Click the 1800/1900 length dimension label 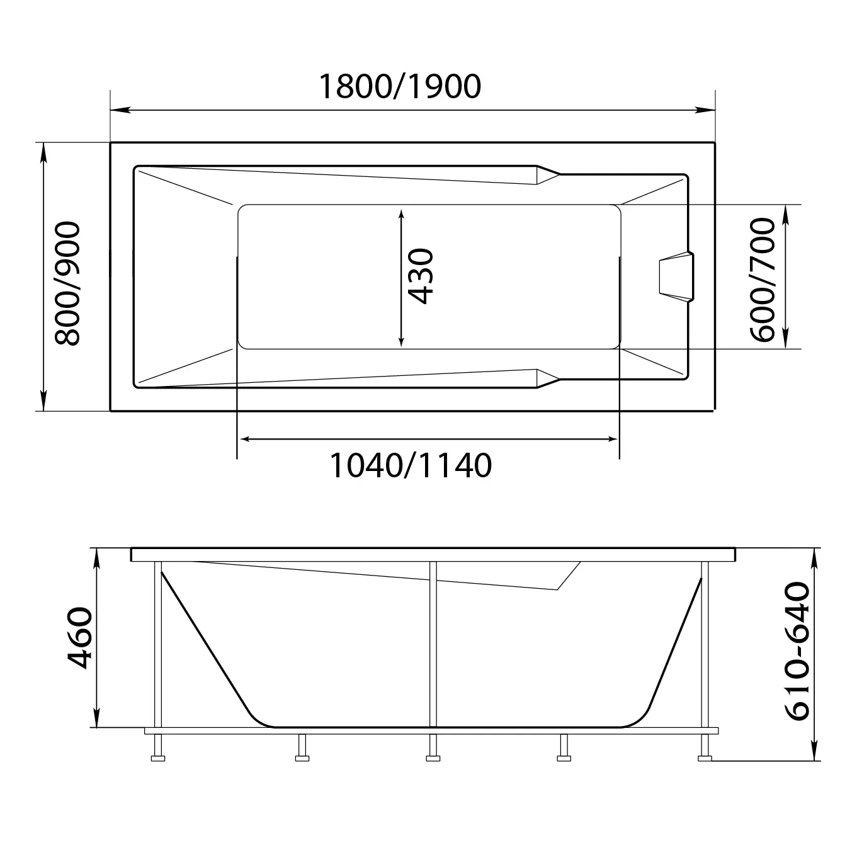(400, 86)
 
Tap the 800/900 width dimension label (67, 283)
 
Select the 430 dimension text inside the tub (420, 276)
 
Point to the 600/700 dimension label (763, 280)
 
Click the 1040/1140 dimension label (411, 465)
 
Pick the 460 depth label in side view (80, 638)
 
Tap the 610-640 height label (797, 657)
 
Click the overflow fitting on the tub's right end (676, 276)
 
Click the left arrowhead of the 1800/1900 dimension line (120, 110)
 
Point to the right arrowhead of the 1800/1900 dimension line (705, 110)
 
